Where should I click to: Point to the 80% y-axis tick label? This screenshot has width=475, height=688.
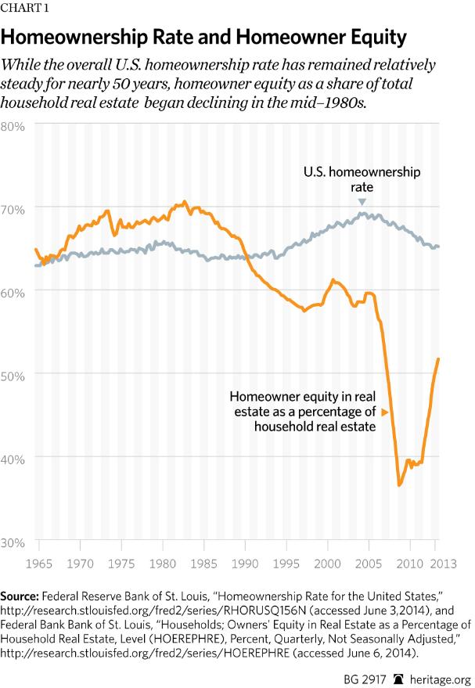15,125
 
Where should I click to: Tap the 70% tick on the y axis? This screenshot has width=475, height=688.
15,208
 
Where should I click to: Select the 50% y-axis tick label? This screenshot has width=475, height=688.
15,374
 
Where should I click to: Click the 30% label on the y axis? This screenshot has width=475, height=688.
15,541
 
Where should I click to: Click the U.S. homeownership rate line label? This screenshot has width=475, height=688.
362,180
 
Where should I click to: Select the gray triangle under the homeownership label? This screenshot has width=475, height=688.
362,202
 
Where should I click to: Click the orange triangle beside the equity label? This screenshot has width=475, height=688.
384,411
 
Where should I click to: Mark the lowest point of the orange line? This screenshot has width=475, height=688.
399,485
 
